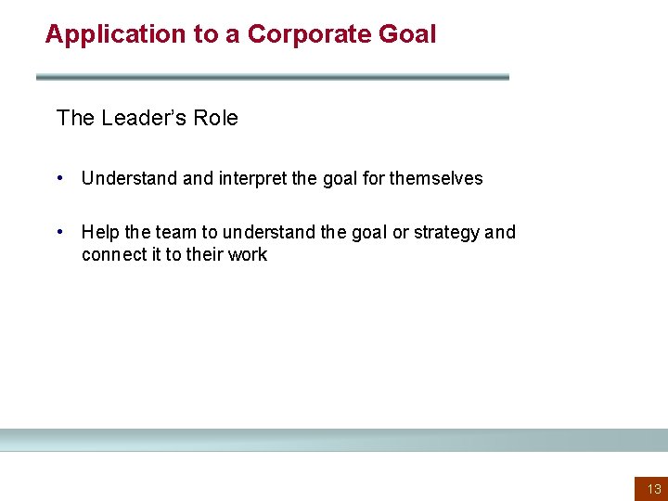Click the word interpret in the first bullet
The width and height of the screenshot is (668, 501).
coord(252,178)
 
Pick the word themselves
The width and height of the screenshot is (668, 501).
coord(436,178)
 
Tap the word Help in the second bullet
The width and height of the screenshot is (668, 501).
coord(100,232)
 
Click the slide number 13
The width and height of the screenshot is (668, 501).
coord(653,489)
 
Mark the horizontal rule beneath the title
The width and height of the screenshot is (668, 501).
coord(273,77)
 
